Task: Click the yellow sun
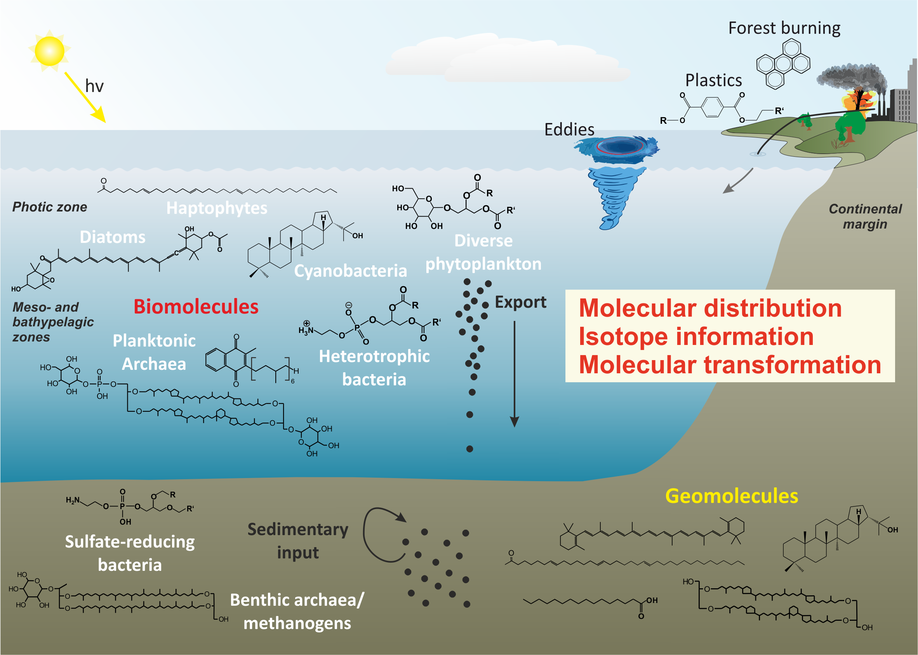tap(49, 51)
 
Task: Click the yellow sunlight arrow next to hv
tap(85, 97)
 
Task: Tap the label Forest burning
tap(784, 28)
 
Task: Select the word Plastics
tap(713, 81)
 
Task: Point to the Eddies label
tap(569, 130)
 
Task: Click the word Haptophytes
tap(217, 208)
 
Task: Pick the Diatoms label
tap(113, 237)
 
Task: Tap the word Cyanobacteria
tap(350, 270)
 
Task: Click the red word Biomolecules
tap(196, 307)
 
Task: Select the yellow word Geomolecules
tap(731, 496)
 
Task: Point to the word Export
tap(520, 302)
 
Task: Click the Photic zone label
tap(50, 207)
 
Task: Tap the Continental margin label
tap(865, 217)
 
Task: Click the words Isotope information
tap(696, 336)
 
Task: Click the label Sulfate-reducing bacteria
tap(130, 553)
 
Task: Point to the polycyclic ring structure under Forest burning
tap(783, 64)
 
